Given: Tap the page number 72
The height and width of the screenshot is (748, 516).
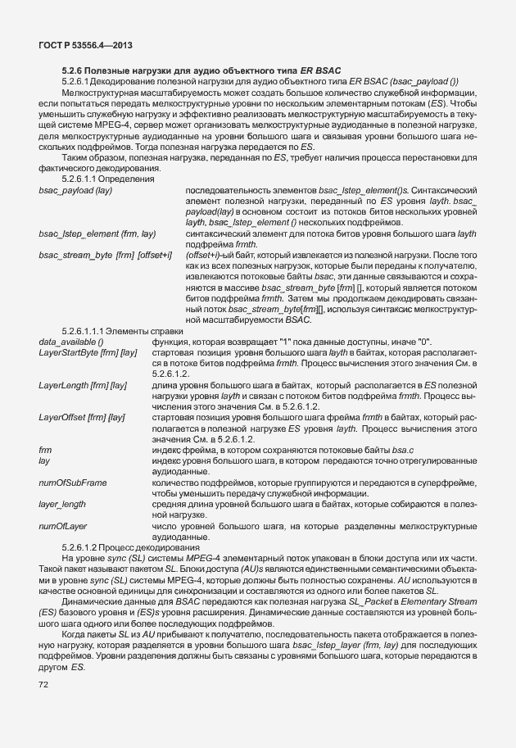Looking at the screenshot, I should click(x=45, y=685).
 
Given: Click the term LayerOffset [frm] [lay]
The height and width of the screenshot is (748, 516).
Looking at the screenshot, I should click(x=82, y=417).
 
